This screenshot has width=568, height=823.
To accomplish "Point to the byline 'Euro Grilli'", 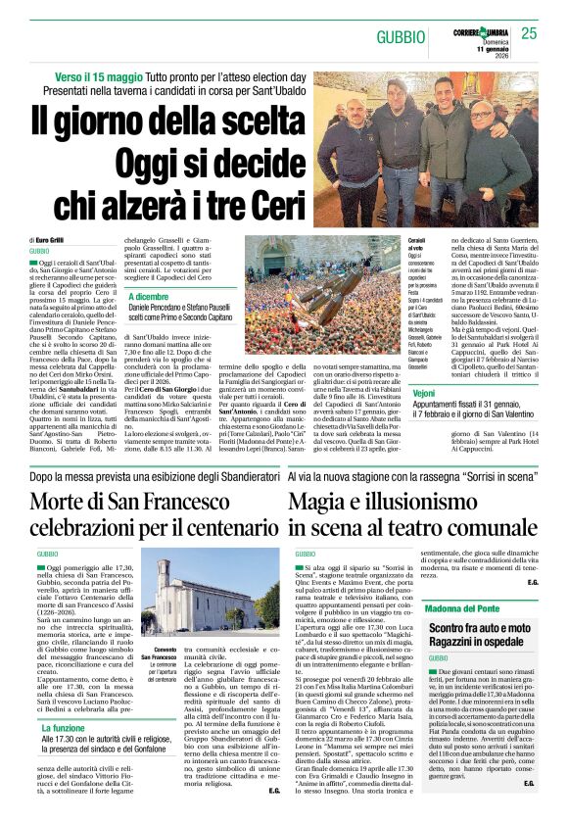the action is click(x=51, y=240).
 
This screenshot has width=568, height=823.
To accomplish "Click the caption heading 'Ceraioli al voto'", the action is click(x=419, y=245).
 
